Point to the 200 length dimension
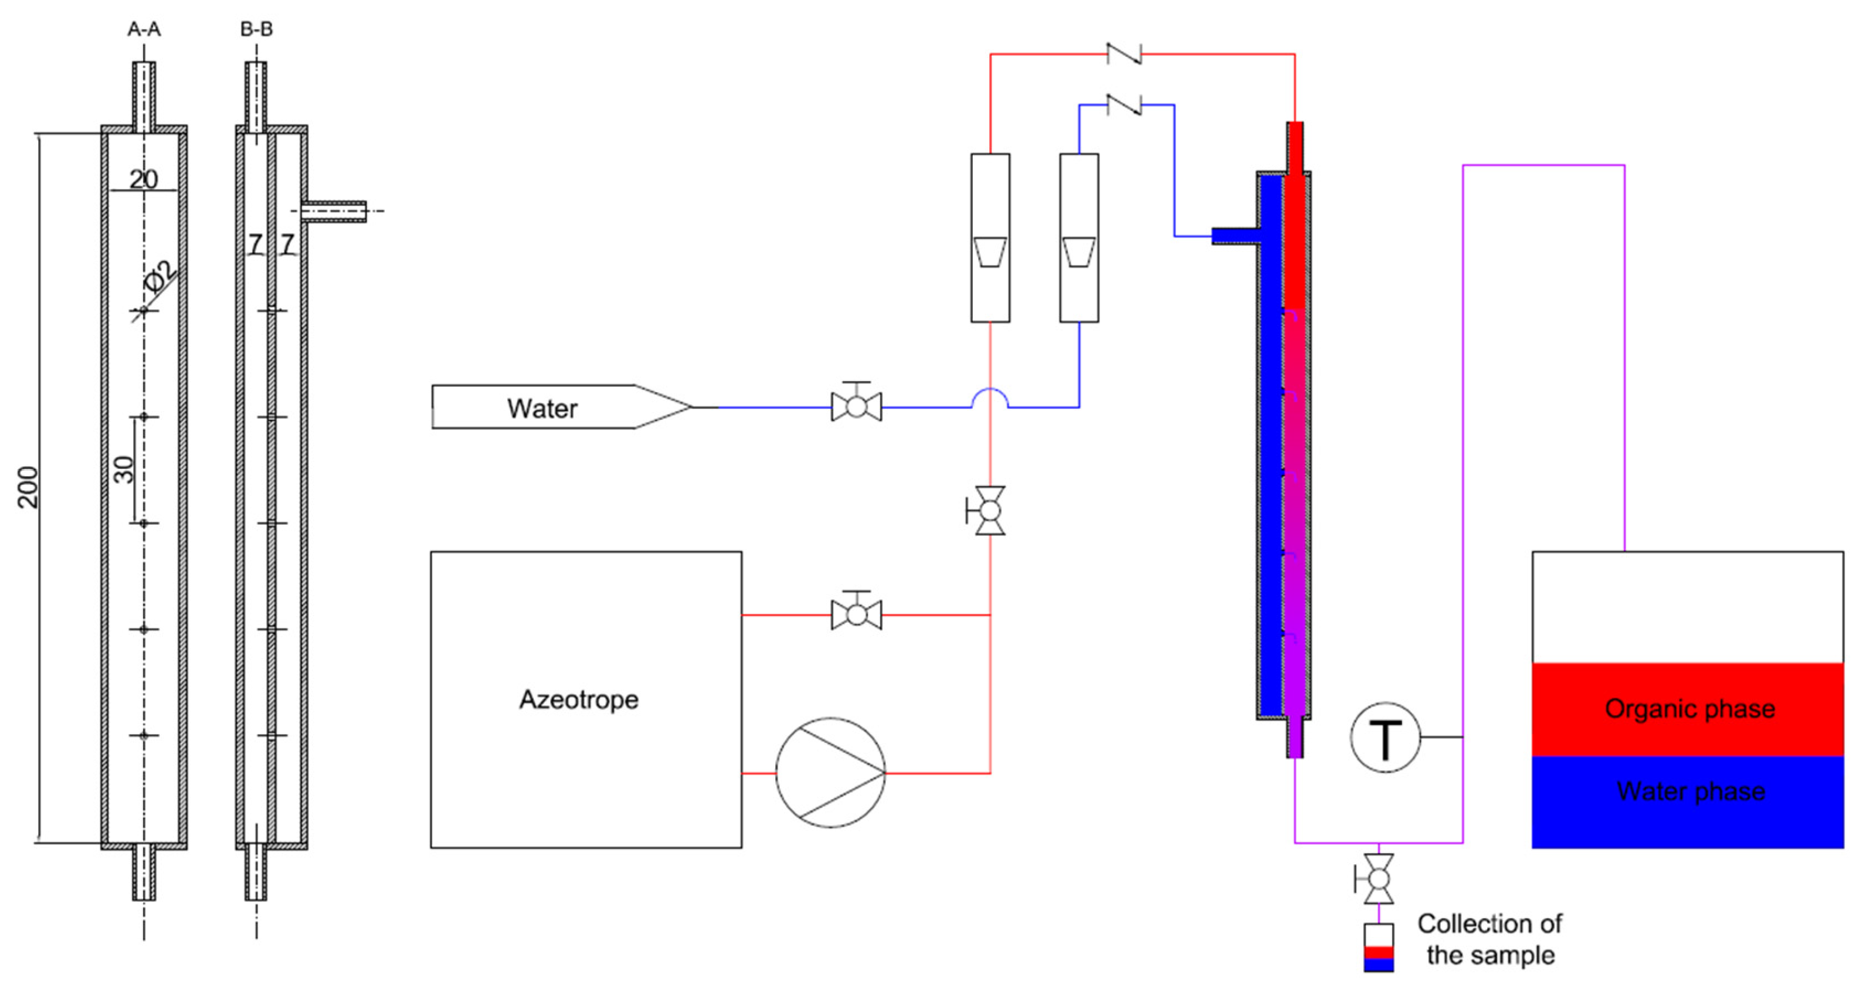click(28, 487)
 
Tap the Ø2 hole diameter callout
click(161, 276)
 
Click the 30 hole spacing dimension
click(124, 470)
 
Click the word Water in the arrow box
click(542, 409)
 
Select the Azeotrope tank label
click(579, 699)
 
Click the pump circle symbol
click(830, 772)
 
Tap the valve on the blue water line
click(856, 406)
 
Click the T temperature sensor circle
click(1385, 738)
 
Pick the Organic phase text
click(1689, 709)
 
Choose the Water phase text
click(1690, 791)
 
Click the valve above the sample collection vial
click(1379, 879)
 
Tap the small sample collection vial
click(1379, 947)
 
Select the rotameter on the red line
click(990, 238)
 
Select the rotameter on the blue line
click(1079, 238)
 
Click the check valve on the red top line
click(1125, 53)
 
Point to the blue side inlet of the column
click(1235, 236)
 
